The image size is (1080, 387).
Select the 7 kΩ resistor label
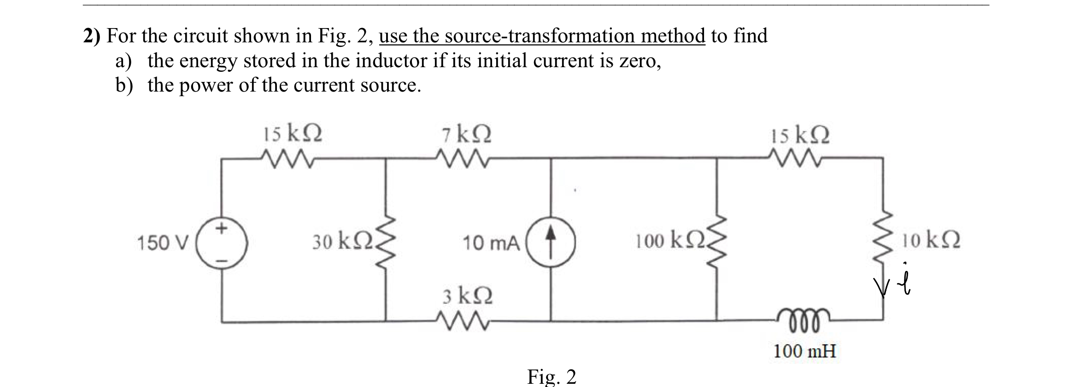pos(466,135)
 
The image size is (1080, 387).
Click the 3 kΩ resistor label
pos(468,296)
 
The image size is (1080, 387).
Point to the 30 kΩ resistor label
pos(343,241)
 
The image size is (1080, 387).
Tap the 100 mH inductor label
pos(804,352)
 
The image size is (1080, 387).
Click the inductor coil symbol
pos(804,319)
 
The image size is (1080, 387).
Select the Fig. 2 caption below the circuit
pos(552,376)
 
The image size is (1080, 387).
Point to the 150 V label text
pos(163,243)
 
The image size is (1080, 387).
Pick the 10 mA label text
pos(491,243)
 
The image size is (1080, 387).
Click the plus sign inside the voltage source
pos(222,228)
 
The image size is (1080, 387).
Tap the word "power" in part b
pos(206,86)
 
